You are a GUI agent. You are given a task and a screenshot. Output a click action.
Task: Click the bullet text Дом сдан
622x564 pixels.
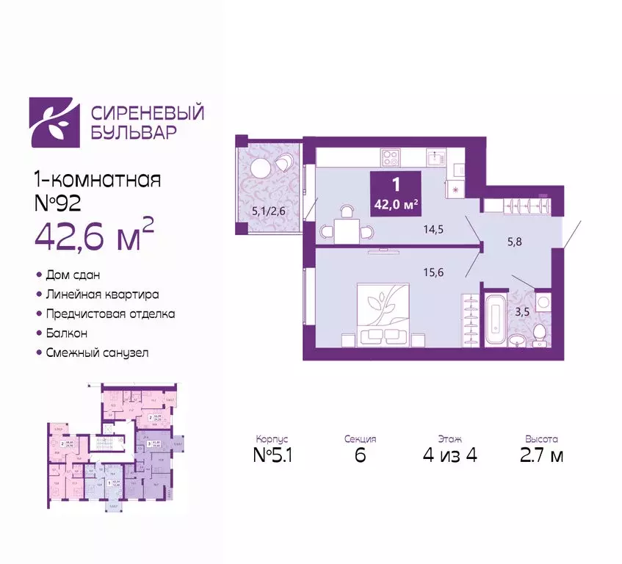pyautogui.click(x=73, y=274)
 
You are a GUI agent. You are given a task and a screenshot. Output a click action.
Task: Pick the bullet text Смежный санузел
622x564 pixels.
pyautogui.click(x=97, y=352)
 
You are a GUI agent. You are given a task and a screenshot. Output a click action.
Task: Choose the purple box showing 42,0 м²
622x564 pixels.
pyautogui.click(x=396, y=193)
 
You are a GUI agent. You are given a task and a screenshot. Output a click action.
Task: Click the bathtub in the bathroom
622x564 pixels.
pyautogui.click(x=492, y=320)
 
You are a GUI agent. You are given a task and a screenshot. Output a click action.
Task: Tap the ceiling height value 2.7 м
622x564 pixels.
pyautogui.click(x=541, y=455)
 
